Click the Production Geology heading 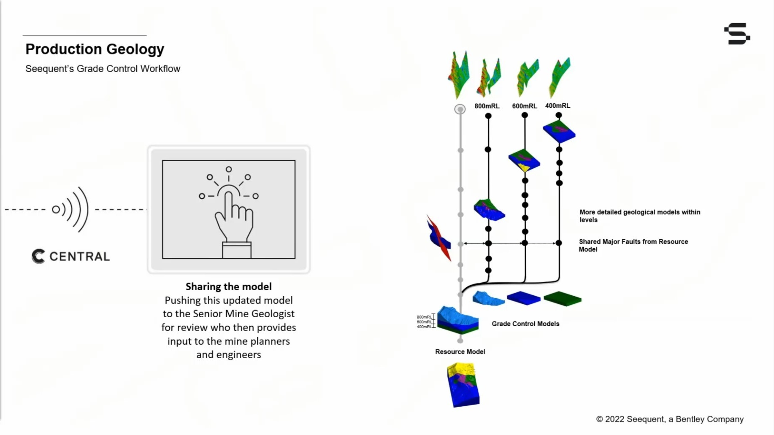pos(95,49)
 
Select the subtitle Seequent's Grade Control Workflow pos(103,69)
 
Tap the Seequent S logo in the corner pos(737,34)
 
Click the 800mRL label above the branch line pos(487,106)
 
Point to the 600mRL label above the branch pos(524,106)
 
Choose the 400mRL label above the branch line pos(557,105)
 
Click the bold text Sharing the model pos(228,286)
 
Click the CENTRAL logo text pos(79,257)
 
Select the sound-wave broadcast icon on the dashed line pos(71,209)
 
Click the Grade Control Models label pos(525,324)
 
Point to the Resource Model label pos(460,351)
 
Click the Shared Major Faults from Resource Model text pos(633,245)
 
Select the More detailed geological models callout pos(639,216)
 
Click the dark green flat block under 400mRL pos(562,298)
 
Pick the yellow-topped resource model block pos(463,385)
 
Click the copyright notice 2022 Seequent pos(669,419)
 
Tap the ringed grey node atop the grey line pos(460,109)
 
